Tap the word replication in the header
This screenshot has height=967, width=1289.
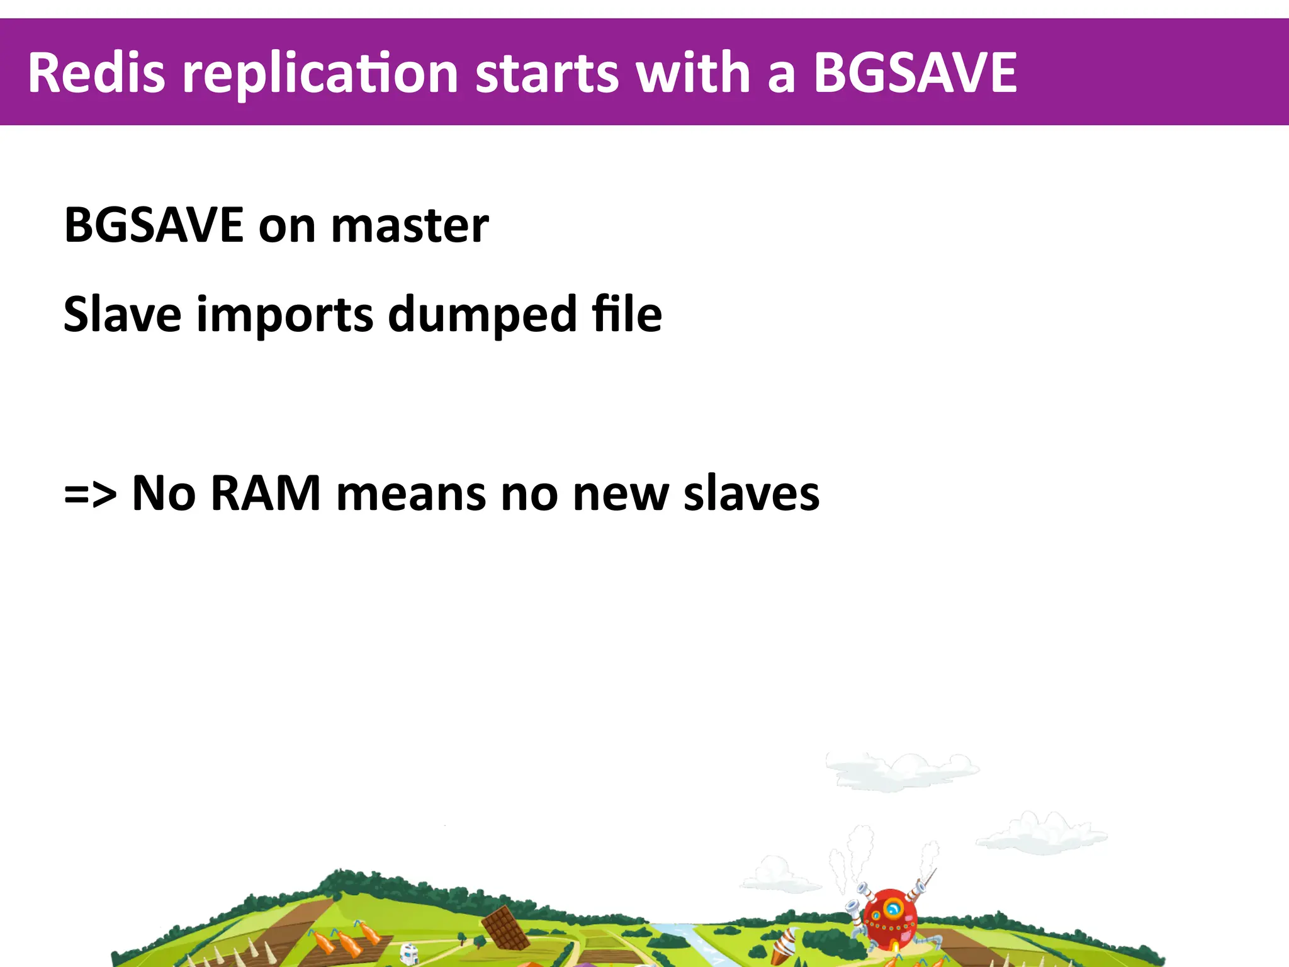pyautogui.click(x=320, y=74)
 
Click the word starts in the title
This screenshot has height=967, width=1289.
pyautogui.click(x=546, y=74)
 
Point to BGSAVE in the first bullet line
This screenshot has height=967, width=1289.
pyautogui.click(x=154, y=225)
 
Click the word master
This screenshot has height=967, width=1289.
pyautogui.click(x=410, y=226)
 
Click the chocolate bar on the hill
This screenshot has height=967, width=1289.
pyautogui.click(x=505, y=927)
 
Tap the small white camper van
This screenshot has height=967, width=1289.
pyautogui.click(x=409, y=954)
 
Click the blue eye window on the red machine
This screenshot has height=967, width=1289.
pyautogui.click(x=892, y=908)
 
